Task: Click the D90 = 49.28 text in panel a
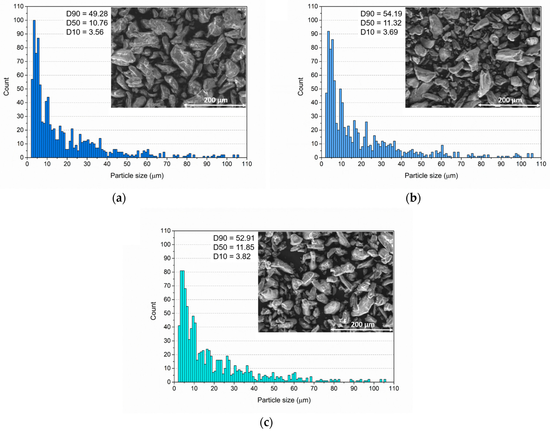(87, 14)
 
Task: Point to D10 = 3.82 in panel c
(232, 256)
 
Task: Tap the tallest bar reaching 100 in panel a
(34, 89)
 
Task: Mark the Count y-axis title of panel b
(301, 87)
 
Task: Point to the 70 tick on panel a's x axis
(167, 164)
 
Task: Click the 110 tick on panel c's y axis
(166, 231)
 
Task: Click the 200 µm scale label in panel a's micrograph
(216, 100)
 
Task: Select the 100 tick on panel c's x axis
(374, 388)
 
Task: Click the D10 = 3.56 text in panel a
(85, 32)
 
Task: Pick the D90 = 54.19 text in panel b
(381, 14)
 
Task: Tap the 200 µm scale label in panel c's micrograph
(363, 324)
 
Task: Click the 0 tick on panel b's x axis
(322, 164)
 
